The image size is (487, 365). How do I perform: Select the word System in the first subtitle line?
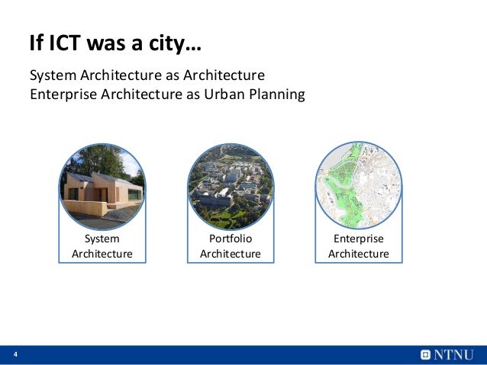click(51, 76)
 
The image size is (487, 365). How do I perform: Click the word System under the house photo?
click(102, 239)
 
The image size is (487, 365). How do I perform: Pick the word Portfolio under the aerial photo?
click(230, 239)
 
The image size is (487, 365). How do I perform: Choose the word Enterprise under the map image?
click(358, 239)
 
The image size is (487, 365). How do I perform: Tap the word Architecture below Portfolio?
click(230, 254)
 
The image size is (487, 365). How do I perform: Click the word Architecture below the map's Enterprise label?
click(358, 254)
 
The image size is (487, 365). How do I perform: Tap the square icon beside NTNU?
click(425, 355)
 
